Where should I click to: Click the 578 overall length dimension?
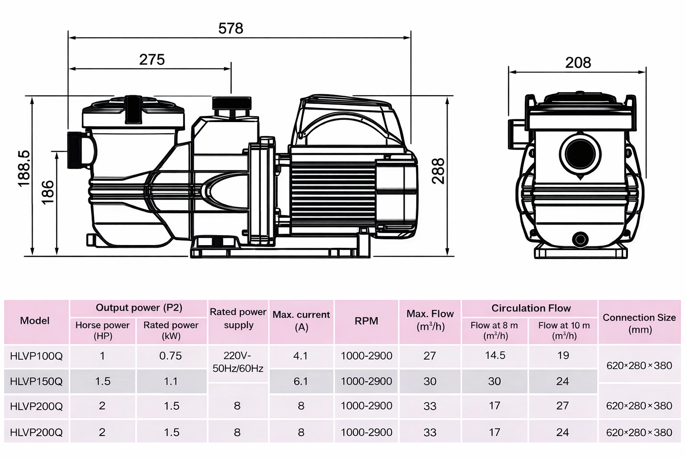[x=230, y=28]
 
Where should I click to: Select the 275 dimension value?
[x=152, y=59]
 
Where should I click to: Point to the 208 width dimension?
[x=578, y=63]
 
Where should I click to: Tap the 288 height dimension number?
[x=438, y=171]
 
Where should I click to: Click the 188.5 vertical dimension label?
[x=24, y=169]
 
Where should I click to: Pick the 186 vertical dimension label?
[x=47, y=192]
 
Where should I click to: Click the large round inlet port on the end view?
[x=579, y=153]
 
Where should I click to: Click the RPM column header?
[x=366, y=321]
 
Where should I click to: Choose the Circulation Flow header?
[x=531, y=308]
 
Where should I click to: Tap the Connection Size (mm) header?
[x=639, y=323]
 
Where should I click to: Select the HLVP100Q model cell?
[x=36, y=356]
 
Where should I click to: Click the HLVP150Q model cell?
[x=36, y=382]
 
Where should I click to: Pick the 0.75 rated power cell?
[x=171, y=356]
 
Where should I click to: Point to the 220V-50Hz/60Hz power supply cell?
[x=238, y=362]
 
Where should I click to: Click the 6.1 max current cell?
[x=301, y=382]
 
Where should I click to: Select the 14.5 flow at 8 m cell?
[x=495, y=356]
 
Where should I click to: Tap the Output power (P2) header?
[x=139, y=308]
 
